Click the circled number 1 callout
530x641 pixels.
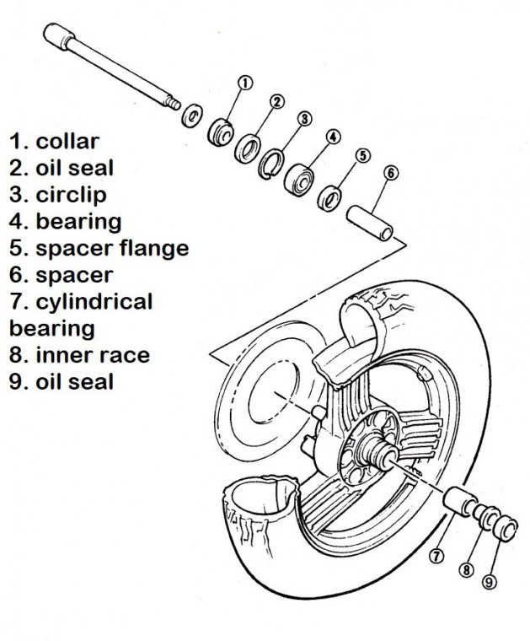pos(245,83)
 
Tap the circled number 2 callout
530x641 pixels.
pos(276,102)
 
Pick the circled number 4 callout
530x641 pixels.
pos(334,136)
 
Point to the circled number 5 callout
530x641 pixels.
pos(363,155)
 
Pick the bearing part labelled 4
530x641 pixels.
pos(300,176)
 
